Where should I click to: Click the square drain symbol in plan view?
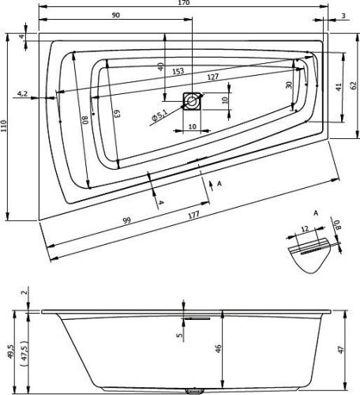pos(193,100)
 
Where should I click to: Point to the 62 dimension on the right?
pos(354,85)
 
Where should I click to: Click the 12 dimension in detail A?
pos(306,228)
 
